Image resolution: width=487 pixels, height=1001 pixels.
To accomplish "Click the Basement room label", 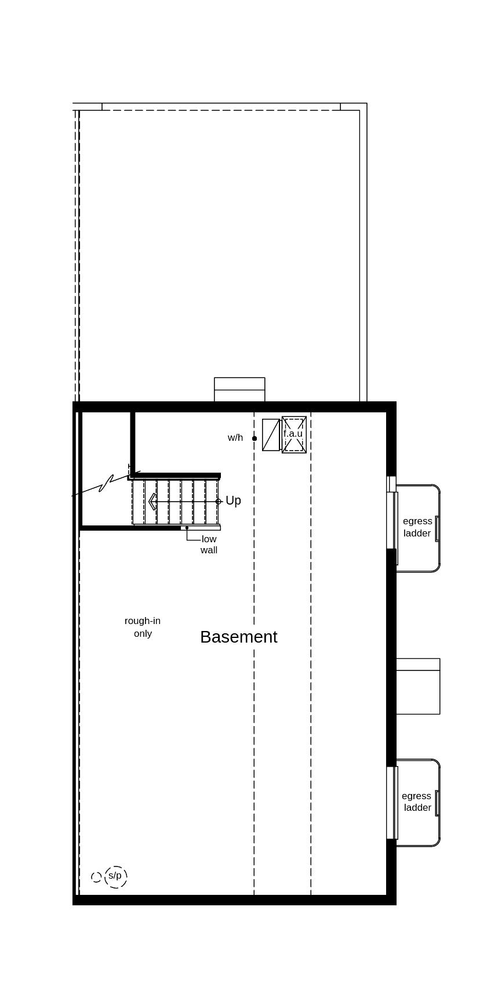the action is point(239,637).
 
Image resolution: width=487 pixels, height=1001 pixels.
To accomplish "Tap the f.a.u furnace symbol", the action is point(294,434).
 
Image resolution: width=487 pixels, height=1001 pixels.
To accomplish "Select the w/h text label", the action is point(235,438).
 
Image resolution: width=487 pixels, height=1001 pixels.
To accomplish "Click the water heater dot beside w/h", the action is point(255,438).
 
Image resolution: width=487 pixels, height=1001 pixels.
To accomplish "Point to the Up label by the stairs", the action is point(233,500).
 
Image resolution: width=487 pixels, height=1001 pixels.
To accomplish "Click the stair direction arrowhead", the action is point(152,502).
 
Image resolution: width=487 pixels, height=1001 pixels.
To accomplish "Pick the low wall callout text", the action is point(209,545).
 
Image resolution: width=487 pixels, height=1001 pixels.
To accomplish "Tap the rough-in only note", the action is point(143,627).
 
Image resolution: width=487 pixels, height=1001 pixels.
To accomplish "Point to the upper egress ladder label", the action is point(417,527).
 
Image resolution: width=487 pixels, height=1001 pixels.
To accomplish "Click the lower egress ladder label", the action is point(417,801).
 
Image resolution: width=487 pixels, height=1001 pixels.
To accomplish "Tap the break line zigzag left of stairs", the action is point(106,484).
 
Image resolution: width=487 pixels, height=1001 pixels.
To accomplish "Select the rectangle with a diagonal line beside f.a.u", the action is point(271,435).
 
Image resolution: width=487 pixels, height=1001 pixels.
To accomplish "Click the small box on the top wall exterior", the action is point(239,390).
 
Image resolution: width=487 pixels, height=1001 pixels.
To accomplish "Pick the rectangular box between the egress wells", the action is point(418,686).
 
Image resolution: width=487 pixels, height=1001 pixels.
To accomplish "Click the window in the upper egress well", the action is point(392,520).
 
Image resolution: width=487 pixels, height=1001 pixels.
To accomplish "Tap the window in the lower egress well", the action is point(392,803).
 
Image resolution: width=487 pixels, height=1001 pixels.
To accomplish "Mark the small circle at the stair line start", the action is point(219,502).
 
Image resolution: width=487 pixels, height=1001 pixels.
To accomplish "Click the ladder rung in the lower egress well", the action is point(437,803).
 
